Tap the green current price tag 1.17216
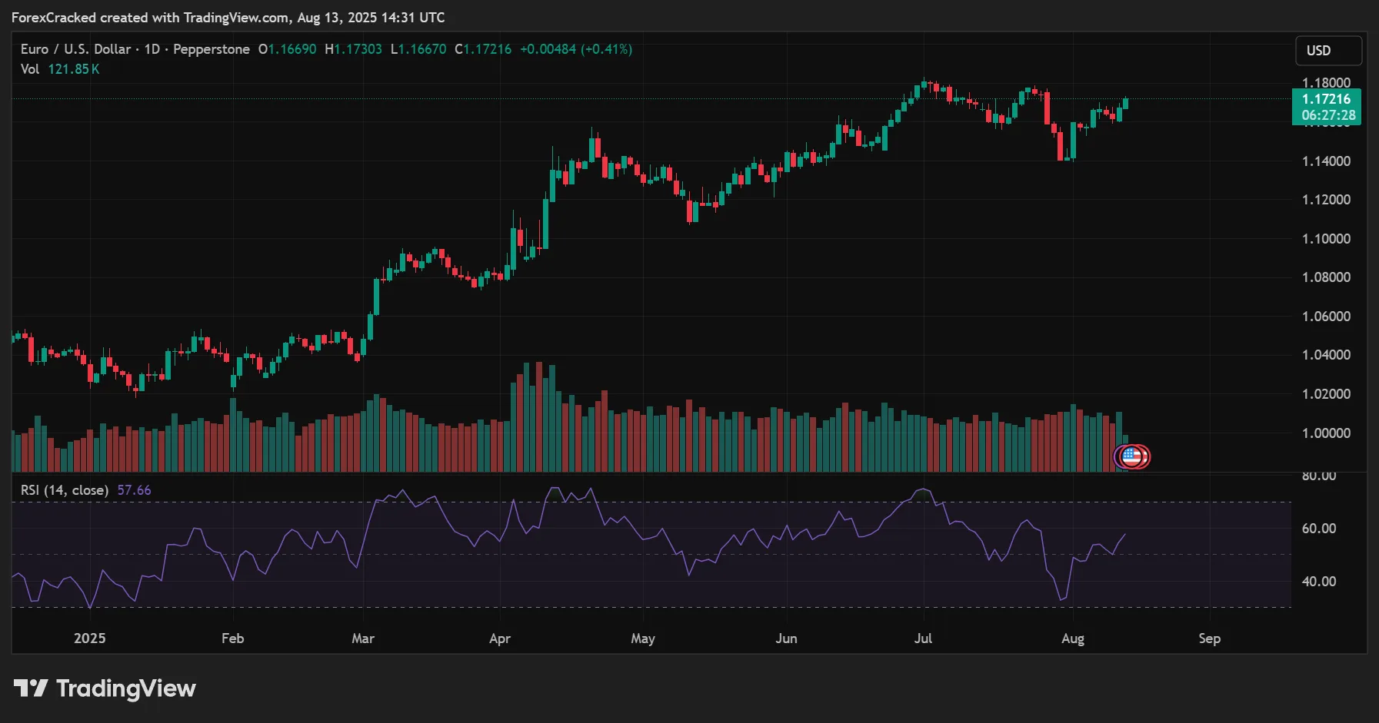(1326, 99)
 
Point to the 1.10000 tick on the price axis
(1326, 239)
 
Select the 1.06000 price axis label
(1326, 317)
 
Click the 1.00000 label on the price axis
(1326, 433)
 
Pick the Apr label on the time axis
(500, 638)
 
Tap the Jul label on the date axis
(923, 638)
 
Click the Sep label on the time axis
(1209, 638)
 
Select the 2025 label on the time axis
(90, 638)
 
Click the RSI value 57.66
(134, 490)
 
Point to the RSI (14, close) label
(65, 490)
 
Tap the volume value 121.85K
(74, 69)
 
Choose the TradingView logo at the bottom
(105, 688)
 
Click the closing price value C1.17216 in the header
(483, 49)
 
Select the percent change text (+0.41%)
(606, 49)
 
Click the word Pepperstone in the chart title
(212, 49)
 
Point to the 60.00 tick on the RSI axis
(1318, 529)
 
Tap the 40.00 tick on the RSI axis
(1318, 582)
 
